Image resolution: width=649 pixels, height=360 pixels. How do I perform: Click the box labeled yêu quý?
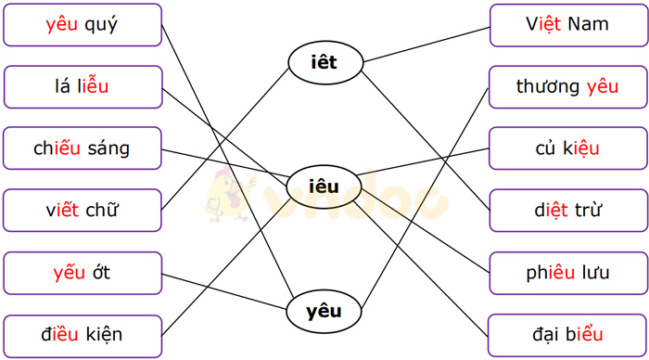coord(82,25)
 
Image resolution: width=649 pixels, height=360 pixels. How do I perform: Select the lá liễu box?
coord(82,87)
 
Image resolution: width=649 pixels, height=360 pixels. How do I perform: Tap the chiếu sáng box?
coord(82,148)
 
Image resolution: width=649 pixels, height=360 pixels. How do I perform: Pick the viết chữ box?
coord(82,211)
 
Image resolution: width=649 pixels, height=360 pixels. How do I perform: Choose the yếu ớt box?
coord(82,273)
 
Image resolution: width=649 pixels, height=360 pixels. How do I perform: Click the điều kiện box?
coord(82,335)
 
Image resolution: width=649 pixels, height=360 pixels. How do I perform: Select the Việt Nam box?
coord(567,25)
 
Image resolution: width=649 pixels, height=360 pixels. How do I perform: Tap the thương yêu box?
coord(567,87)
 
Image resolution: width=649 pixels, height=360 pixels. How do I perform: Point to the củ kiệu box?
coord(567,148)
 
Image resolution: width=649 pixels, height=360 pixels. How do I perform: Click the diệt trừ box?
coord(567,211)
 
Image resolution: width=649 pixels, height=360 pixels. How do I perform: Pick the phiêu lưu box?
coord(567,273)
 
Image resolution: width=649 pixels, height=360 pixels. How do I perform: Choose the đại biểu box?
coord(567,335)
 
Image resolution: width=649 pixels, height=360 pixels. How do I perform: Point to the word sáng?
coord(107,149)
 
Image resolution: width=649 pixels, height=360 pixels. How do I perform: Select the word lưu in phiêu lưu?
coord(592,273)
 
